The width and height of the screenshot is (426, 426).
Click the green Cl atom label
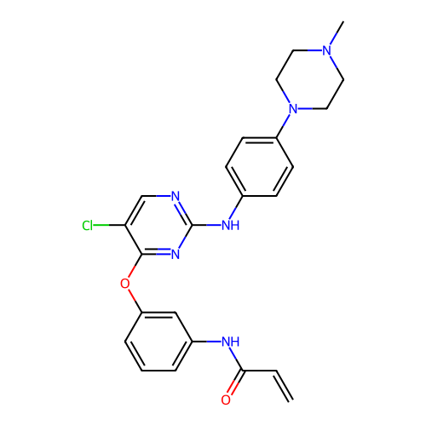tap(87, 226)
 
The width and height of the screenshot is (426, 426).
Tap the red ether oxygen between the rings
tap(125, 284)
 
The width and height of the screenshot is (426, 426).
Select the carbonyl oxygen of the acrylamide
tap(226, 400)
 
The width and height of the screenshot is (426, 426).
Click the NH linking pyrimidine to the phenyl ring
tap(230, 225)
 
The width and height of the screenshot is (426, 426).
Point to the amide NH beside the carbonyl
tap(230, 342)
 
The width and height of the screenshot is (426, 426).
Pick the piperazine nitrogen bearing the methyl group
tap(327, 51)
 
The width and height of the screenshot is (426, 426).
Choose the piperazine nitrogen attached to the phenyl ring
tap(293, 109)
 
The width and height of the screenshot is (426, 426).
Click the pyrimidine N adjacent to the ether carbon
tap(176, 254)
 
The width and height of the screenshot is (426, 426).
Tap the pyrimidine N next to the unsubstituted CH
tap(176, 196)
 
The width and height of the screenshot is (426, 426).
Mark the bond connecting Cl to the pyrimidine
tap(109, 225)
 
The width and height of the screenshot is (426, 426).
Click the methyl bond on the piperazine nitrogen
tap(337, 33)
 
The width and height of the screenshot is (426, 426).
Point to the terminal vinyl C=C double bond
tap(284, 385)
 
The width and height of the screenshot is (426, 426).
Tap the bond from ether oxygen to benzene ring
tap(135, 301)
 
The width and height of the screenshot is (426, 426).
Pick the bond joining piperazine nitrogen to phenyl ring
tap(283, 126)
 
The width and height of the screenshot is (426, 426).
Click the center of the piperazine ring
tap(310, 80)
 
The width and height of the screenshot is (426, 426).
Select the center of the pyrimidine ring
tap(158, 225)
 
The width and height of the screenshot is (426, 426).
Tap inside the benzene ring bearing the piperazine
tap(260, 167)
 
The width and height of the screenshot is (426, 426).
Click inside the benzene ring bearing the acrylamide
tap(158, 342)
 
